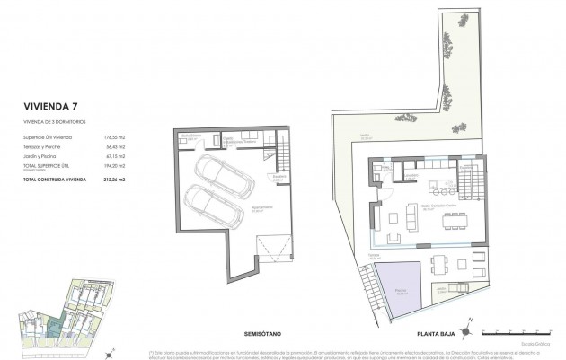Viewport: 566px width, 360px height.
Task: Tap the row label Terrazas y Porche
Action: point(44,145)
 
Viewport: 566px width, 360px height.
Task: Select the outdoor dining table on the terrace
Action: point(437,263)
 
